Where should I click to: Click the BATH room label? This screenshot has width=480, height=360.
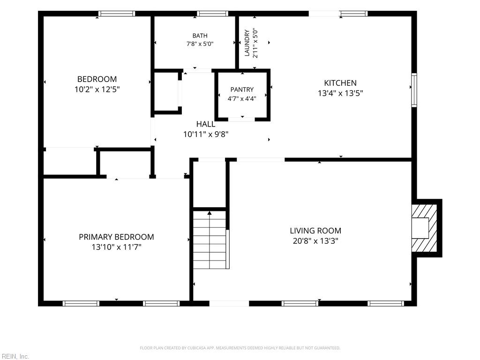point(200,36)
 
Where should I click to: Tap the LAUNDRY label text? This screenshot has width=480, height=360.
point(247,43)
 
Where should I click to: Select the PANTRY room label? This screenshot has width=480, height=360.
point(242,90)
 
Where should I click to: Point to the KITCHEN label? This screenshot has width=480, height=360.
point(340,83)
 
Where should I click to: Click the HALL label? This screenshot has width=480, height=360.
point(206,124)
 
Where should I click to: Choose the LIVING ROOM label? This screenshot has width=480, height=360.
point(315,231)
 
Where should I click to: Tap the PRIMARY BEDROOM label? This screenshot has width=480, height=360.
point(116,237)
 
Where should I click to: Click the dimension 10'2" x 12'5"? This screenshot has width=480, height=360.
point(97,90)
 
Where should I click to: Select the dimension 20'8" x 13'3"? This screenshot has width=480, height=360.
point(315,241)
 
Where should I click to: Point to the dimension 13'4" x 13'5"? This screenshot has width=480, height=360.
point(340,93)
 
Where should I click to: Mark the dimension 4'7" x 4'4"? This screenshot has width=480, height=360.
point(242,98)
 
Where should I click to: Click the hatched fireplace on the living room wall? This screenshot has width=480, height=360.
point(424,228)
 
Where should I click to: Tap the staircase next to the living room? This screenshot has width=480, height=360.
point(211,240)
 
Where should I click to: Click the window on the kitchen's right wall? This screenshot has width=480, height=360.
point(414,90)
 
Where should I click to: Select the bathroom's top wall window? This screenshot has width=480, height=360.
point(212,14)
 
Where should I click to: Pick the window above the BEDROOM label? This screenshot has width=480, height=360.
point(117,14)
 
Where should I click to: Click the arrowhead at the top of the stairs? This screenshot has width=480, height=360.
point(210,213)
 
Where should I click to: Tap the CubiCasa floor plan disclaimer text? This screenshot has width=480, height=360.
point(240,348)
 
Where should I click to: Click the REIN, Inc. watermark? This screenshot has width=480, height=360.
point(15,356)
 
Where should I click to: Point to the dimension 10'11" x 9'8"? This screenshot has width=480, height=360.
point(206,134)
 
